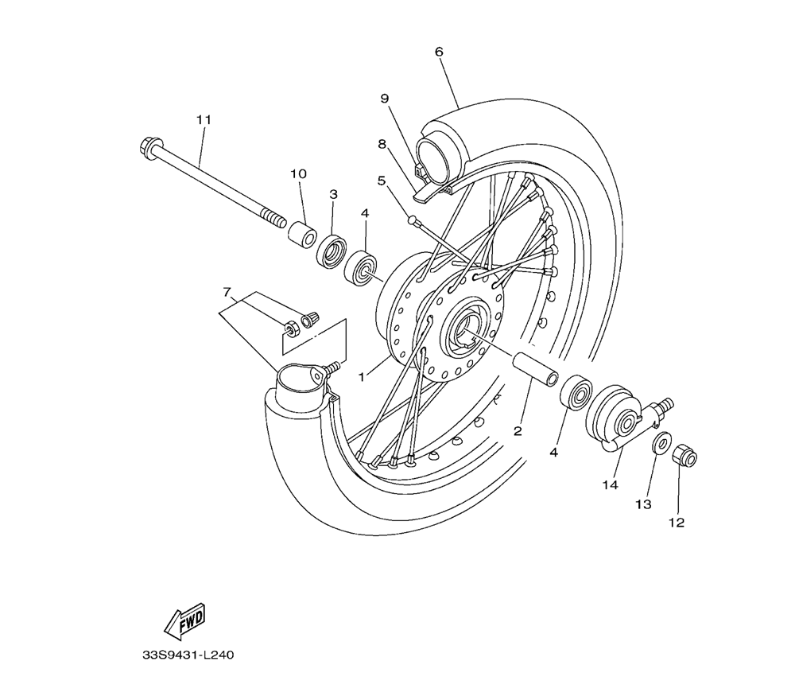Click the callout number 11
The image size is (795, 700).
[x=204, y=119]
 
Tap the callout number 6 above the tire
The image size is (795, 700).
[x=439, y=52]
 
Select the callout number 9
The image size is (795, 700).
[x=384, y=99]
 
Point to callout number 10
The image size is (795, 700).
[x=298, y=173]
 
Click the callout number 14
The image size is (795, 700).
[x=610, y=484]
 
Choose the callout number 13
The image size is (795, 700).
[x=642, y=504]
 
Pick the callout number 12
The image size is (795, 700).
[x=677, y=523]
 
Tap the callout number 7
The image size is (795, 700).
[x=227, y=293]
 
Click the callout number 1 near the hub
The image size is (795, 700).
[x=362, y=377]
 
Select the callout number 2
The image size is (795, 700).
[x=518, y=431]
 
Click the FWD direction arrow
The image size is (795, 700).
[x=185, y=620]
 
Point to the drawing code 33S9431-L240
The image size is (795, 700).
[x=188, y=656]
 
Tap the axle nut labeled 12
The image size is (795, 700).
[x=684, y=456]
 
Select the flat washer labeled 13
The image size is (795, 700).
[x=661, y=444]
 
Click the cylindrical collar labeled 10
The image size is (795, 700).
[x=301, y=235]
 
